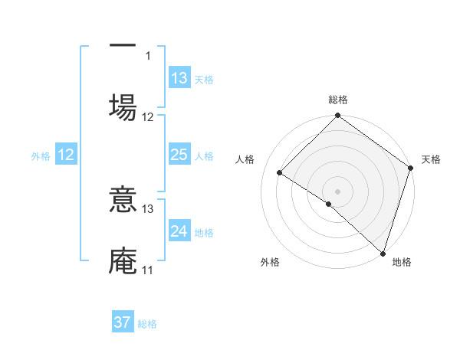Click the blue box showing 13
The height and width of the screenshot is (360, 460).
click(179, 78)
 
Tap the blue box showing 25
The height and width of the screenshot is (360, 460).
click(179, 155)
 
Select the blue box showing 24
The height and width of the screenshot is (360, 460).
click(179, 232)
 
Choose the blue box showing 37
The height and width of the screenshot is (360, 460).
click(123, 323)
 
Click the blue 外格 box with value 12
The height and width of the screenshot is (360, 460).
click(66, 155)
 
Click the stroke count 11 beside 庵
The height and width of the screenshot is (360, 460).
click(147, 270)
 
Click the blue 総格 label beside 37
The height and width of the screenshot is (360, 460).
click(147, 324)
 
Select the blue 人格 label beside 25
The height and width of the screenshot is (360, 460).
click(204, 156)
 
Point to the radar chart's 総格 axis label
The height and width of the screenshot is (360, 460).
click(338, 100)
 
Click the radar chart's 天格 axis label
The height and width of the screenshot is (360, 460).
click(431, 159)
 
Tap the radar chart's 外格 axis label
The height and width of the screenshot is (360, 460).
click(270, 262)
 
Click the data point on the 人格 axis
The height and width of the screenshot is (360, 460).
click(281, 173)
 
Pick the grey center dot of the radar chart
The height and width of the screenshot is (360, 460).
click(338, 191)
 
